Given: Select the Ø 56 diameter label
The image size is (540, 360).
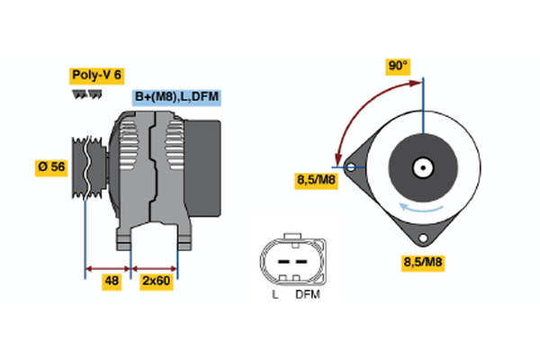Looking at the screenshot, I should (52, 166).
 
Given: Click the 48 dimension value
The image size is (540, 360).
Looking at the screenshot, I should (111, 281).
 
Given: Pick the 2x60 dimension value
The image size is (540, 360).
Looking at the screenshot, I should (156, 281).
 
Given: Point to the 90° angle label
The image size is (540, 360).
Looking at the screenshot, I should (398, 66).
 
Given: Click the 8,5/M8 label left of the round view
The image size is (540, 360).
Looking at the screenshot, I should (317, 180).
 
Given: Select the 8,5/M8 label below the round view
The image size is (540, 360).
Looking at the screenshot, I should (422, 263).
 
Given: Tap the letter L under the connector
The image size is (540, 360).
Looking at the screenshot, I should (275, 294).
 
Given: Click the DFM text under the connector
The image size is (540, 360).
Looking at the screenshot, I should (308, 294).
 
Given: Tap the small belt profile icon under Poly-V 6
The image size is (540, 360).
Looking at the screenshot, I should (85, 93).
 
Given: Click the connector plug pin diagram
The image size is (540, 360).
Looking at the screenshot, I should (292, 260).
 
